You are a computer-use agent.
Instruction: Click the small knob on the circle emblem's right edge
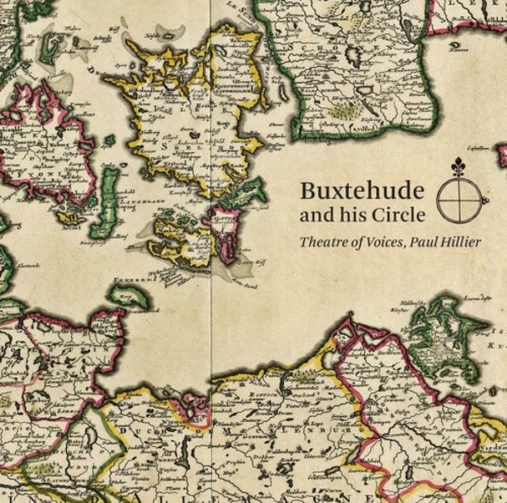(x=484, y=200)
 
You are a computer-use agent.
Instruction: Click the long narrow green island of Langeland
(x=107, y=203)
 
